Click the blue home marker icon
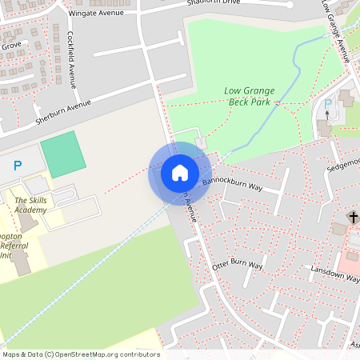180,173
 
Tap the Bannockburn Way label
233,184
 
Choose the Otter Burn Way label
238,265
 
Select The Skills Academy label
30,204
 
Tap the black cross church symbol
352,217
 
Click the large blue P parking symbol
18,166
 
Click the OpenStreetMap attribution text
80,354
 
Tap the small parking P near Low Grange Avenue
330,105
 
